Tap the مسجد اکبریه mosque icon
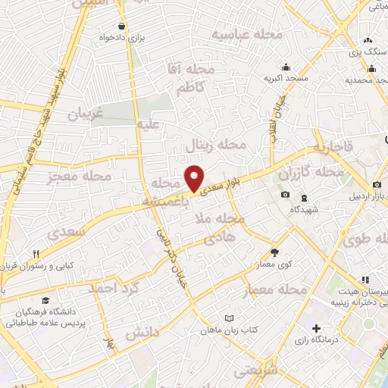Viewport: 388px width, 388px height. (x=285, y=66)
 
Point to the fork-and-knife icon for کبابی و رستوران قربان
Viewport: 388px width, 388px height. (x=35, y=254)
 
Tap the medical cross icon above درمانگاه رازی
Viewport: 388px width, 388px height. (x=316, y=328)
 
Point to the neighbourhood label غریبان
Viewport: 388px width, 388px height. (x=85, y=114)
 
